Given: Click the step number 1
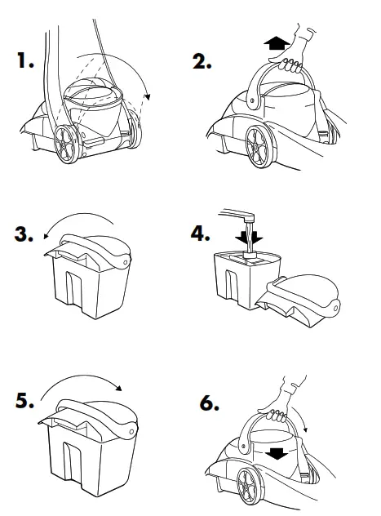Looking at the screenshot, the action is (x=25, y=60).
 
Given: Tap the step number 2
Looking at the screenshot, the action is (x=202, y=61).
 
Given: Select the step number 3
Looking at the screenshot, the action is (x=24, y=234).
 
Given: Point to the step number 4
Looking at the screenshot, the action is (x=200, y=233).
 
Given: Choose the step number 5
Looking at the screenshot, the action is (x=25, y=401).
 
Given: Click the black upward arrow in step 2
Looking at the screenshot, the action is (x=277, y=43).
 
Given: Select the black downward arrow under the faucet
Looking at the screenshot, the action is (x=249, y=237).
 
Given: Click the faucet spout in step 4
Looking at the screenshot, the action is (x=237, y=214).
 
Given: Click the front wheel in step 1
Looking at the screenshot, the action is (x=67, y=145).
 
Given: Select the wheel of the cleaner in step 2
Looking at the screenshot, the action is (x=259, y=147).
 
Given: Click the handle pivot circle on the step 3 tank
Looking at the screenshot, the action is (x=126, y=262).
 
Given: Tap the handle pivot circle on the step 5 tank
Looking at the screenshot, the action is (x=131, y=431).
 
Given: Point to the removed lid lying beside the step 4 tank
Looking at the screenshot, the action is (x=298, y=300).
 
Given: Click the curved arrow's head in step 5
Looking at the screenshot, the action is (x=118, y=388).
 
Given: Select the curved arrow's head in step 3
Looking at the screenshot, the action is (x=47, y=235).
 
